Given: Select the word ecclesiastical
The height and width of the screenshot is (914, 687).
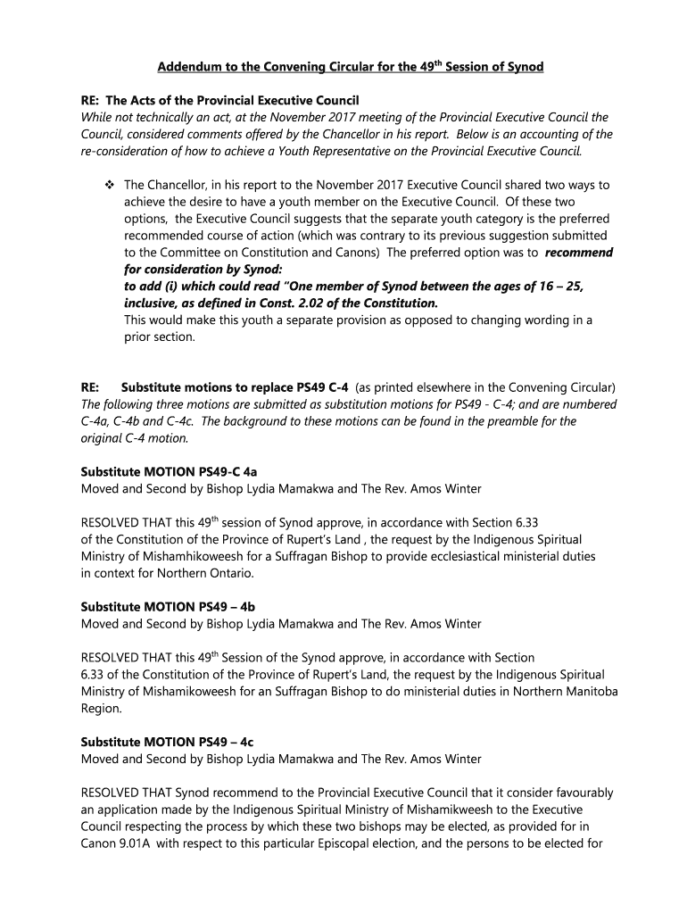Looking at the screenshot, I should pos(440,556).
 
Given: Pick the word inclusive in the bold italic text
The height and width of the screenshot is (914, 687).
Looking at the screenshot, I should pos(154,303).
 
